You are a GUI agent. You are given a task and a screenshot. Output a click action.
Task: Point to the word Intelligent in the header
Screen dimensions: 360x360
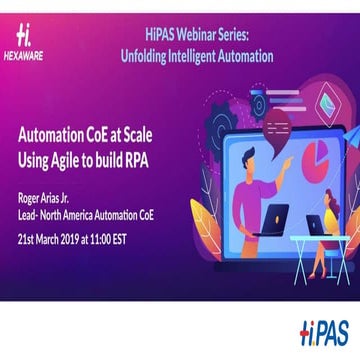(x=196, y=56)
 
